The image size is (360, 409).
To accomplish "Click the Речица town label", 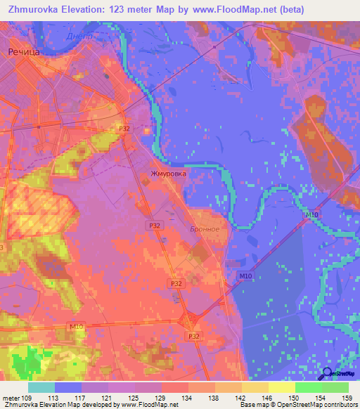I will tap(22, 52).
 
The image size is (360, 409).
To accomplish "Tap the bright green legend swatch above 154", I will tap(309, 387).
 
